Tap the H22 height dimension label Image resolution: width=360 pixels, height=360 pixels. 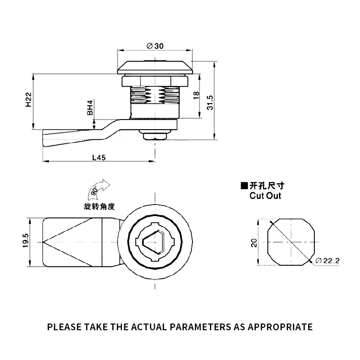click(x=28, y=100)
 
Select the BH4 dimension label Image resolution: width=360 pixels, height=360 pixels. click(x=90, y=107)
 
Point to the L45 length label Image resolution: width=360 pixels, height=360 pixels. click(x=99, y=157)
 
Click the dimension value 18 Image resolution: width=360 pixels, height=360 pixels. click(x=196, y=96)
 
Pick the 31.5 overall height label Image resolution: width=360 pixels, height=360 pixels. click(x=210, y=102)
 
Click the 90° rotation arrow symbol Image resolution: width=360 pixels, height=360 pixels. click(x=96, y=191)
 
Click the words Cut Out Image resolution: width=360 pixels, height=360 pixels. click(x=265, y=196)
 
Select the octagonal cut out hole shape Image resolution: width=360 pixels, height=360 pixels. click(x=291, y=241)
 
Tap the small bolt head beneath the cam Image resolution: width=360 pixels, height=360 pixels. click(x=155, y=134)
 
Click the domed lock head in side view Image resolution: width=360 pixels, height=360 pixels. click(x=155, y=67)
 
